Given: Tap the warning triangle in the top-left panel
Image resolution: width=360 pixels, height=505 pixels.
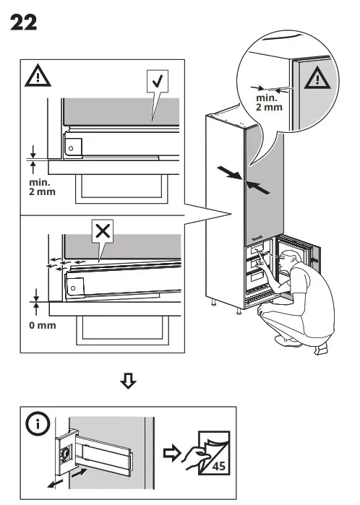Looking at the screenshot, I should (x=35, y=76).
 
